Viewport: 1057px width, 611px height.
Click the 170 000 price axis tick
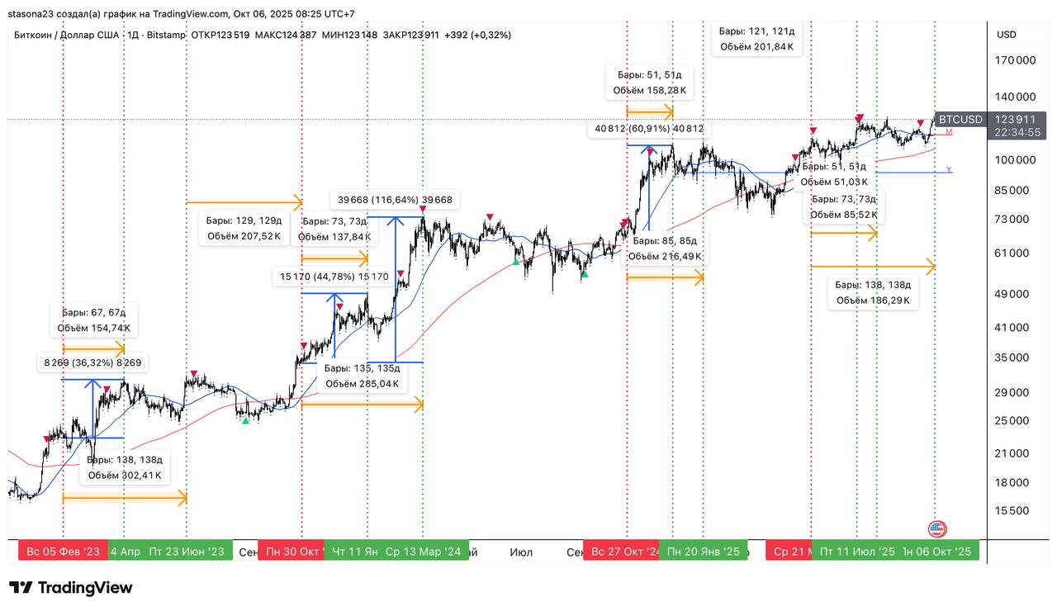pyautogui.click(x=1015, y=60)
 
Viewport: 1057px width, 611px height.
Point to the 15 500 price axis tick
pyautogui.click(x=1011, y=510)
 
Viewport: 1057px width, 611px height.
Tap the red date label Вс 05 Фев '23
pyautogui.click(x=63, y=552)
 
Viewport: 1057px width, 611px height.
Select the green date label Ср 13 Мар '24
pyautogui.click(x=423, y=552)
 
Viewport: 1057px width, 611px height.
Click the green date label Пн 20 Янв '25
pyautogui.click(x=704, y=552)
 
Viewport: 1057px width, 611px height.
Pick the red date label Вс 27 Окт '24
pyautogui.click(x=626, y=552)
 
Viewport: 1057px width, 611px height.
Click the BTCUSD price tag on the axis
pyautogui.click(x=960, y=120)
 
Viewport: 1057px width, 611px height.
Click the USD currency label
pyautogui.click(x=1007, y=35)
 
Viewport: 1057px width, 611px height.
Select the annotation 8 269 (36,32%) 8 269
pyautogui.click(x=92, y=362)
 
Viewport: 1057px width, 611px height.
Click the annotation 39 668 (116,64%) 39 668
pyautogui.click(x=395, y=200)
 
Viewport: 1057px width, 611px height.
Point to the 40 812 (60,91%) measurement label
pyautogui.click(x=648, y=129)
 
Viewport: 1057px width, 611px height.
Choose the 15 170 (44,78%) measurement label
pyautogui.click(x=334, y=277)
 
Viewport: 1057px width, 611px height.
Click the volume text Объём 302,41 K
pyautogui.click(x=126, y=476)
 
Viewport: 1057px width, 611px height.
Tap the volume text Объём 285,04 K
pyautogui.click(x=362, y=383)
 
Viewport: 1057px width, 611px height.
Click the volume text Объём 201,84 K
pyautogui.click(x=756, y=47)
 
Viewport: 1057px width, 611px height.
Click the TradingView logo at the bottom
pyautogui.click(x=71, y=588)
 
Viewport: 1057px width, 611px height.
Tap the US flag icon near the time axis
pyautogui.click(x=937, y=529)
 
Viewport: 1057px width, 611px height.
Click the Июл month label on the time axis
pyautogui.click(x=521, y=552)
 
